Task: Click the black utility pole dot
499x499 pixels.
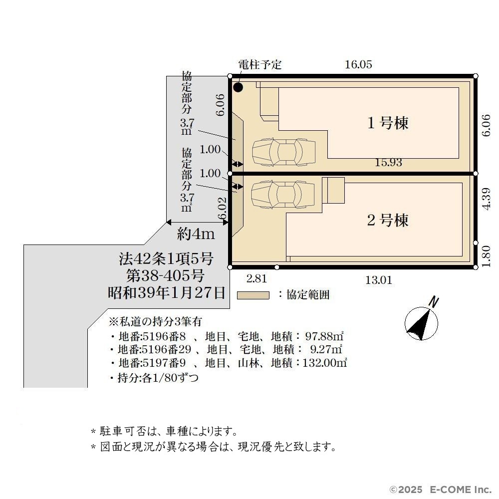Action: (x=238, y=87)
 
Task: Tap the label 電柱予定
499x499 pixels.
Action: (x=260, y=64)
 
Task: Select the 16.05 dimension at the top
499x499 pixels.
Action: (x=359, y=64)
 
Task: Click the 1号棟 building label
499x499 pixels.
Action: (x=388, y=123)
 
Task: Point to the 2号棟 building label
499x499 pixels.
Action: (x=388, y=220)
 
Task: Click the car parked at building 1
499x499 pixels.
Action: (x=284, y=152)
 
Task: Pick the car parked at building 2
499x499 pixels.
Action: (x=282, y=195)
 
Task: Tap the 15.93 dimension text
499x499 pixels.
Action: (x=388, y=162)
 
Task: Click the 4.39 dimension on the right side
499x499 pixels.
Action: (x=486, y=198)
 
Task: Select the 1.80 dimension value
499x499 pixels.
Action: (x=486, y=256)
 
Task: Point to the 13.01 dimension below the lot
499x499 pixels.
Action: (x=379, y=280)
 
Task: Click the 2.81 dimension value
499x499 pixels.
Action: (x=256, y=279)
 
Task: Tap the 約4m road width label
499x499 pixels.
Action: (x=196, y=234)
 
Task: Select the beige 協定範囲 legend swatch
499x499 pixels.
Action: (x=253, y=295)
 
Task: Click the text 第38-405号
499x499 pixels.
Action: (x=165, y=275)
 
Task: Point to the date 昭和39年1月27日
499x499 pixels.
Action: (x=167, y=293)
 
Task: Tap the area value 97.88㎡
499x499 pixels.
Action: (x=324, y=336)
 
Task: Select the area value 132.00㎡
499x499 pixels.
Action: (x=324, y=363)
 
